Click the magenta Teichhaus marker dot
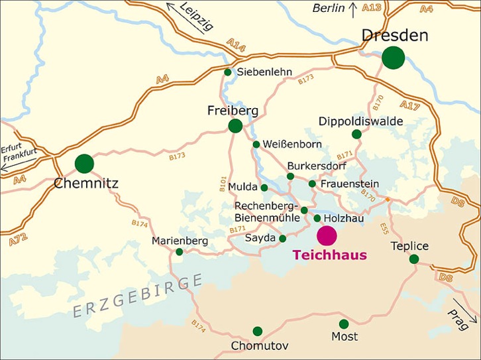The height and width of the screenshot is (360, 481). [327, 235]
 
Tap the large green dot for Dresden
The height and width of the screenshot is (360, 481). [394, 57]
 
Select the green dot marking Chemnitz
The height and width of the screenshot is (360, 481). [84, 163]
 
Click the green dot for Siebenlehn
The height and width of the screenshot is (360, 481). [228, 72]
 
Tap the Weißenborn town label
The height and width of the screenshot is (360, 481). [293, 145]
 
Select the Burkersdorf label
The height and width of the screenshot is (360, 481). [316, 165]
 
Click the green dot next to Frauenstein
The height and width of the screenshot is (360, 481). [312, 184]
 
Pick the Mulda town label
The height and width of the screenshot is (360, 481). [242, 188]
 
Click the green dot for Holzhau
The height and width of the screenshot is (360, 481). [317, 218]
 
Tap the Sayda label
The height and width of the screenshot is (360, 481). [260, 238]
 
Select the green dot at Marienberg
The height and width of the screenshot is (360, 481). [179, 251]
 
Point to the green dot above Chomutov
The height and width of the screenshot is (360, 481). [258, 331]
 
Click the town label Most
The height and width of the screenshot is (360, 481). [344, 337]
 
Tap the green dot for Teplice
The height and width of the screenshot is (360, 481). [414, 259]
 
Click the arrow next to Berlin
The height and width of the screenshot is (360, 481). [353, 9]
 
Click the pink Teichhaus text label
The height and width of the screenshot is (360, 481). [329, 254]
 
